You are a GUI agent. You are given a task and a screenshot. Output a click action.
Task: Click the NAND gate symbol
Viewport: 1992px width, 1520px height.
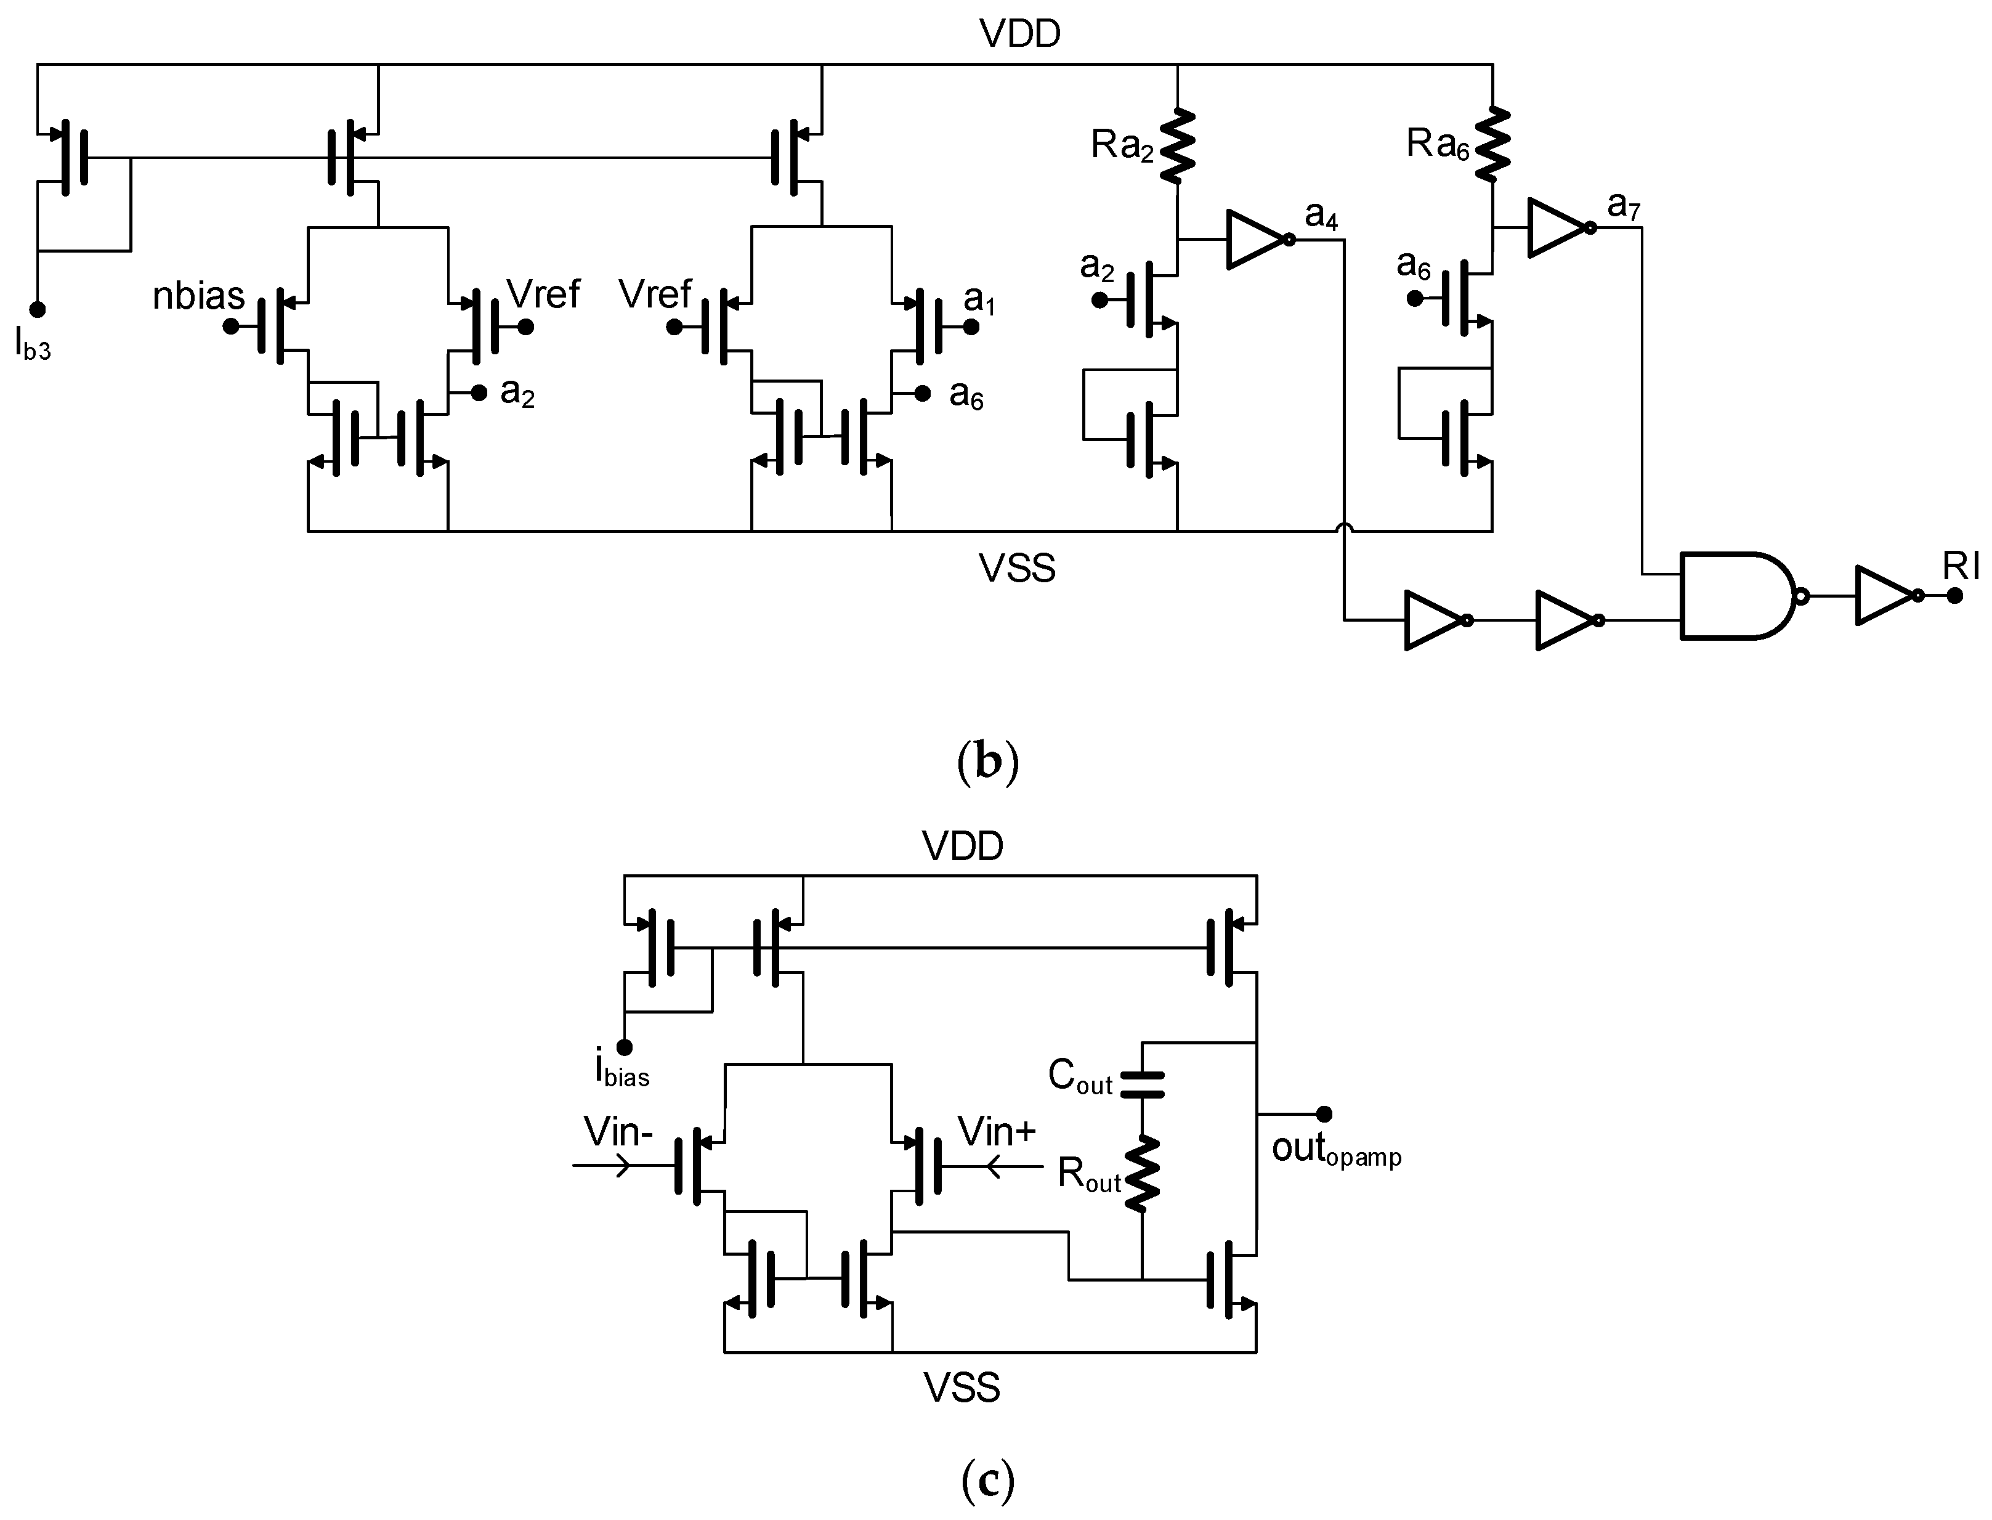coord(1737,595)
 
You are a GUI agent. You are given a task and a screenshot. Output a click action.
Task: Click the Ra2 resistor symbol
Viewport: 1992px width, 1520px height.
coord(1177,145)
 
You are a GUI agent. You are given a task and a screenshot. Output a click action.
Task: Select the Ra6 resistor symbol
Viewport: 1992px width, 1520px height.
coord(1492,145)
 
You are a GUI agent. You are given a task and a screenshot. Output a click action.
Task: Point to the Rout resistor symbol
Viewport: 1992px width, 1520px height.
coord(1141,1174)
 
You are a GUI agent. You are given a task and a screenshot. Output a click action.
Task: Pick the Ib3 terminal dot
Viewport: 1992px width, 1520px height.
coord(37,309)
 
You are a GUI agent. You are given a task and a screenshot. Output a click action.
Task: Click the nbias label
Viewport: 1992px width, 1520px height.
coord(198,296)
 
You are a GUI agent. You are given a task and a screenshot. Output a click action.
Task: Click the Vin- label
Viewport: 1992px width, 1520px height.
coord(618,1132)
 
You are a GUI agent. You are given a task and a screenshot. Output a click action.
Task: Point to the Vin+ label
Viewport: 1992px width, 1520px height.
coord(997,1132)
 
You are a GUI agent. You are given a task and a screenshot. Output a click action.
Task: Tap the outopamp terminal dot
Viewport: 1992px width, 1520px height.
coord(1324,1114)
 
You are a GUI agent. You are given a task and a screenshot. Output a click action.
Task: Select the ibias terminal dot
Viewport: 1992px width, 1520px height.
coord(624,1047)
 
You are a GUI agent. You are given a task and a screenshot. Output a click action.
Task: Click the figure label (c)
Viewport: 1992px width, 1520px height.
coord(988,1480)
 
